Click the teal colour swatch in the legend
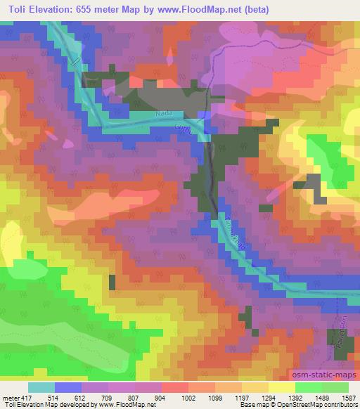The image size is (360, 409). (x=41, y=387)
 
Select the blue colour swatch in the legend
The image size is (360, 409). (x=68, y=387)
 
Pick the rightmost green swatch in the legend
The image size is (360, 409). (x=335, y=387)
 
